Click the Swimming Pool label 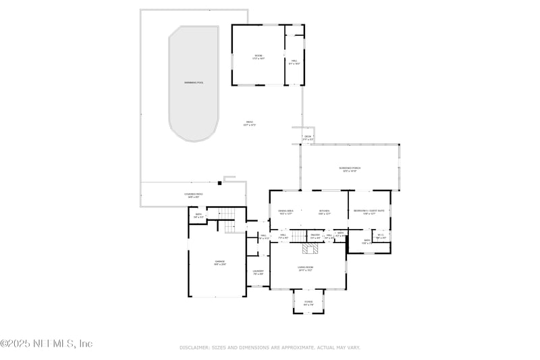tap(194, 82)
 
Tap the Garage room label tap(220, 262)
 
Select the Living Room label tap(305, 268)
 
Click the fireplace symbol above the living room tap(309, 249)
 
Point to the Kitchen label tap(325, 212)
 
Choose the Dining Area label tap(286, 212)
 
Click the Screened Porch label tap(349, 169)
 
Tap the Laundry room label tap(258, 273)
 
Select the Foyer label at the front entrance tap(308, 303)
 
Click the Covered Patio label tap(194, 195)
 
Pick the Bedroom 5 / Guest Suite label tap(369, 212)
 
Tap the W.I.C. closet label tap(381, 236)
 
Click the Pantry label tap(315, 236)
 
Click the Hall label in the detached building tap(294, 62)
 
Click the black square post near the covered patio tap(220, 182)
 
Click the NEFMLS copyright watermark tap(46, 344)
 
